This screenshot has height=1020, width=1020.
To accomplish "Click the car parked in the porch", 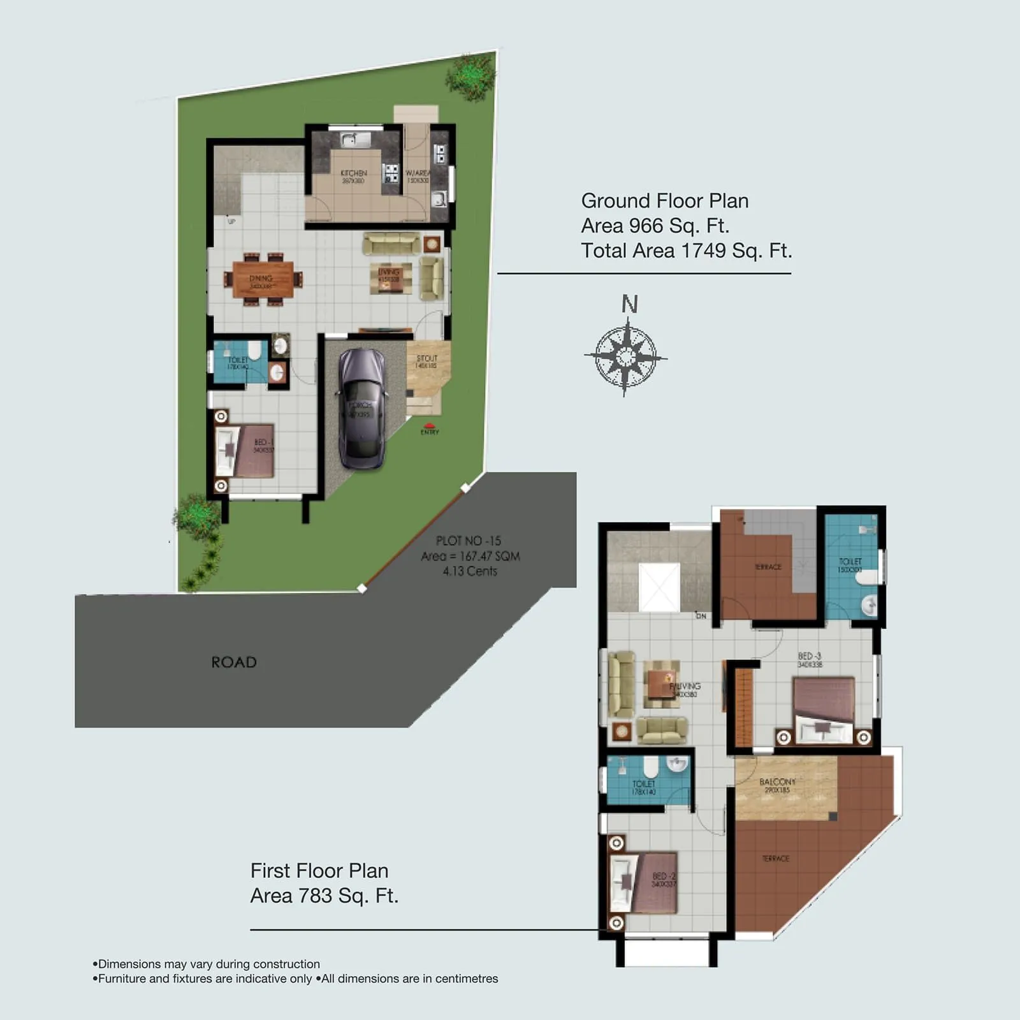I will (x=361, y=408).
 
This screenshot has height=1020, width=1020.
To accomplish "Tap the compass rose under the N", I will (x=626, y=356).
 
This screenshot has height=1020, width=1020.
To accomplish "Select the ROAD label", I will (x=234, y=662).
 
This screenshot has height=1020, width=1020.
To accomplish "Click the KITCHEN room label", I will (x=353, y=173).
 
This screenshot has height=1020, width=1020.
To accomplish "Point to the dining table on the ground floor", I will (x=263, y=279).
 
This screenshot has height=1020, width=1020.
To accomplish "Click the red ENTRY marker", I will (x=430, y=426).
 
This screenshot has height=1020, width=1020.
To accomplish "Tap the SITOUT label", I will (x=426, y=358).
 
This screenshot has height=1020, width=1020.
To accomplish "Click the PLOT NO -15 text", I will (x=469, y=541).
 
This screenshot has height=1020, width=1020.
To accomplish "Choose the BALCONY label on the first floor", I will (x=777, y=782).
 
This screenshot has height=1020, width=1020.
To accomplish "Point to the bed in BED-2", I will (x=645, y=882).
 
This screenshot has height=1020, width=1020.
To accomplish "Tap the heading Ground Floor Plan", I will (x=664, y=201).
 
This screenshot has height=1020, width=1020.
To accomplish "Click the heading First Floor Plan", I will (x=319, y=871).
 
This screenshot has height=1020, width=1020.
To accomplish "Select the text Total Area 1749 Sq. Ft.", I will (x=686, y=251).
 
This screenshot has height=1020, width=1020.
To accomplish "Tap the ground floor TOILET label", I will (x=238, y=360).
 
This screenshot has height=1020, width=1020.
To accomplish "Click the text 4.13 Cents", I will (x=470, y=571).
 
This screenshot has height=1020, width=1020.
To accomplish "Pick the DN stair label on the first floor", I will (x=701, y=616).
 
